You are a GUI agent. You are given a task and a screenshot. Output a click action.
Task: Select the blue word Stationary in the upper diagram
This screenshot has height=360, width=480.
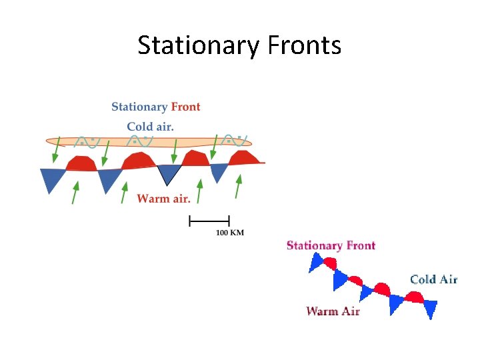139,107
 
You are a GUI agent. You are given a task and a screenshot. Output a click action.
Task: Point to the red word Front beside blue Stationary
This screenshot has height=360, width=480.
185,107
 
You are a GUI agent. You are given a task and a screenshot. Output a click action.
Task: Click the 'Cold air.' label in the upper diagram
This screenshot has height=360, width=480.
150,127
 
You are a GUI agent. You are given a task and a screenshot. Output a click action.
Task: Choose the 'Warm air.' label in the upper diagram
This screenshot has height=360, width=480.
163,198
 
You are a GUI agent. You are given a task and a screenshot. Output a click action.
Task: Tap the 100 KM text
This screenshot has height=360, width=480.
229,233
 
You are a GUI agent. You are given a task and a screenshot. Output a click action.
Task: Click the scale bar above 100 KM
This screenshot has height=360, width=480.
209,220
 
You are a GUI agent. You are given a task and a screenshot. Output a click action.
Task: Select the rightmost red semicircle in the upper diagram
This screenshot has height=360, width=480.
244,158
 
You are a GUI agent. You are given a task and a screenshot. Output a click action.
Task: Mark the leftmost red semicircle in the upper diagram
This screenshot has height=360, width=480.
81,164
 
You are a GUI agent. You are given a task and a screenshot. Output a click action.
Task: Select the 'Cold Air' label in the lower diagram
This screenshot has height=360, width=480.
433,279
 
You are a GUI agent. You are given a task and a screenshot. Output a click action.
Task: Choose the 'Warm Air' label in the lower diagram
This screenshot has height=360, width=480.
333,311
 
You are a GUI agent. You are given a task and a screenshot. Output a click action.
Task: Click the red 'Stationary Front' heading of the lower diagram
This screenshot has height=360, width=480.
331,245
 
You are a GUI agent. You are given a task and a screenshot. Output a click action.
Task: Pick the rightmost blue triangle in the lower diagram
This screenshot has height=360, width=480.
430,309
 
